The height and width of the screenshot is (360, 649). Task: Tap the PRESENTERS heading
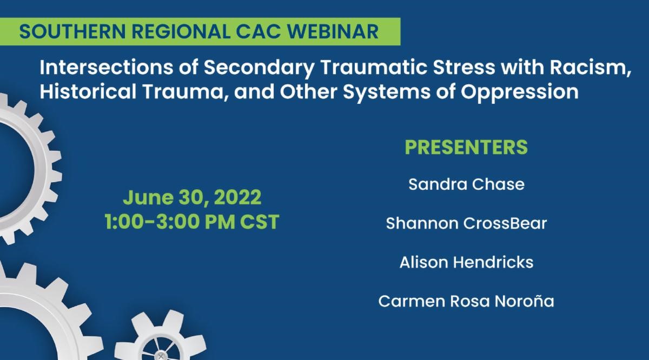[466, 147]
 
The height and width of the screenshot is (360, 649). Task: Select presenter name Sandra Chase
[466, 184]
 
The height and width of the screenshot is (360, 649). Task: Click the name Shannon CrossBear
[466, 223]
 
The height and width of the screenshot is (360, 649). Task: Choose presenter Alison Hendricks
[466, 262]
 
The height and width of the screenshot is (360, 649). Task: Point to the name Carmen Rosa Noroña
[466, 301]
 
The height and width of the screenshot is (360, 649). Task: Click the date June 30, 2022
[192, 197]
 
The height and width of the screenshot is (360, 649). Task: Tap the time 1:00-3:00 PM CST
[192, 222]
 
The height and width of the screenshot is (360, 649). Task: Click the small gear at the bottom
[160, 337]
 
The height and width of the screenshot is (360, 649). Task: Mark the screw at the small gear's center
[160, 356]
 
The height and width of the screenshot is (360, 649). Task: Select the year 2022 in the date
[237, 197]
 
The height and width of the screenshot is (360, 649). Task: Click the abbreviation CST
[260, 222]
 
